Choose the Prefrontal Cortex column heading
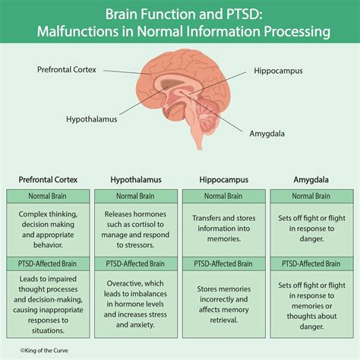pyautogui.click(x=48, y=180)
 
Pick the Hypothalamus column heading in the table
pyautogui.click(x=135, y=180)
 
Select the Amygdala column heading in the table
pyautogui.click(x=311, y=180)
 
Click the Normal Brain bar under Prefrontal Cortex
pyautogui.click(x=48, y=196)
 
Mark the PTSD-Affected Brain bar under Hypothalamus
pyautogui.click(x=135, y=263)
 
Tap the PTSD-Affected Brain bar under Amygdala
pyautogui.click(x=311, y=263)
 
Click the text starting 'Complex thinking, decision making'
pyautogui.click(x=48, y=226)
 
